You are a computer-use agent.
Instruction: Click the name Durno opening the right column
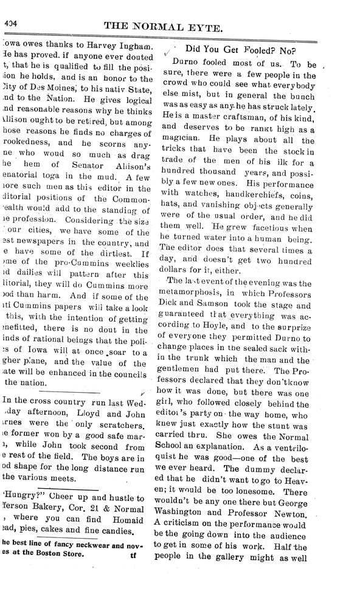(x=187, y=63)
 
